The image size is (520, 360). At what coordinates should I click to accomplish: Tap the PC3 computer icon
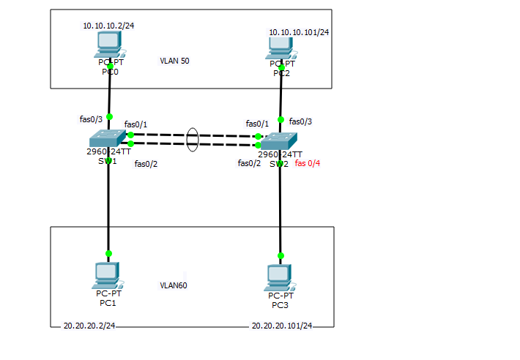(x=279, y=277)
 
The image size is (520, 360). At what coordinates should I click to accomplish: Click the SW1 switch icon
(x=108, y=138)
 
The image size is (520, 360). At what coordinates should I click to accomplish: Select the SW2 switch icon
(x=280, y=140)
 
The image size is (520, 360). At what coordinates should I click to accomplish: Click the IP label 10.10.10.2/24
(x=108, y=26)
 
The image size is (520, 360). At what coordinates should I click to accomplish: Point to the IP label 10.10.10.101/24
(x=299, y=32)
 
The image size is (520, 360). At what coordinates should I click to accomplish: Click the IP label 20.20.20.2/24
(x=89, y=326)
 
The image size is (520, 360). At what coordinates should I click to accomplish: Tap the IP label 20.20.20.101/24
(x=281, y=326)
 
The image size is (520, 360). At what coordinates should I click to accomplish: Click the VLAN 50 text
(x=174, y=61)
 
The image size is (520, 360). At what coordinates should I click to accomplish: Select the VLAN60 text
(x=174, y=285)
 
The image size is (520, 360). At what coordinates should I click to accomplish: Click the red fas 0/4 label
(x=308, y=164)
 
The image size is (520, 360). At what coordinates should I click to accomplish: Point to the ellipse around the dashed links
(x=193, y=140)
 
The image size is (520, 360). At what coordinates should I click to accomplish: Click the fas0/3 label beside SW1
(x=91, y=118)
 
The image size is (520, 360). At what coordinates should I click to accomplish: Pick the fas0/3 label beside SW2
(x=300, y=121)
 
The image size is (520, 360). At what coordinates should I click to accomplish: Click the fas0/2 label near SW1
(x=146, y=164)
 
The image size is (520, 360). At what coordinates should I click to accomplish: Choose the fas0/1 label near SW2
(x=257, y=124)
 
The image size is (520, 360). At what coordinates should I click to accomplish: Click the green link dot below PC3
(x=280, y=256)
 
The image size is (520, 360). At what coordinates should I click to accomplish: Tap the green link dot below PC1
(x=108, y=253)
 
